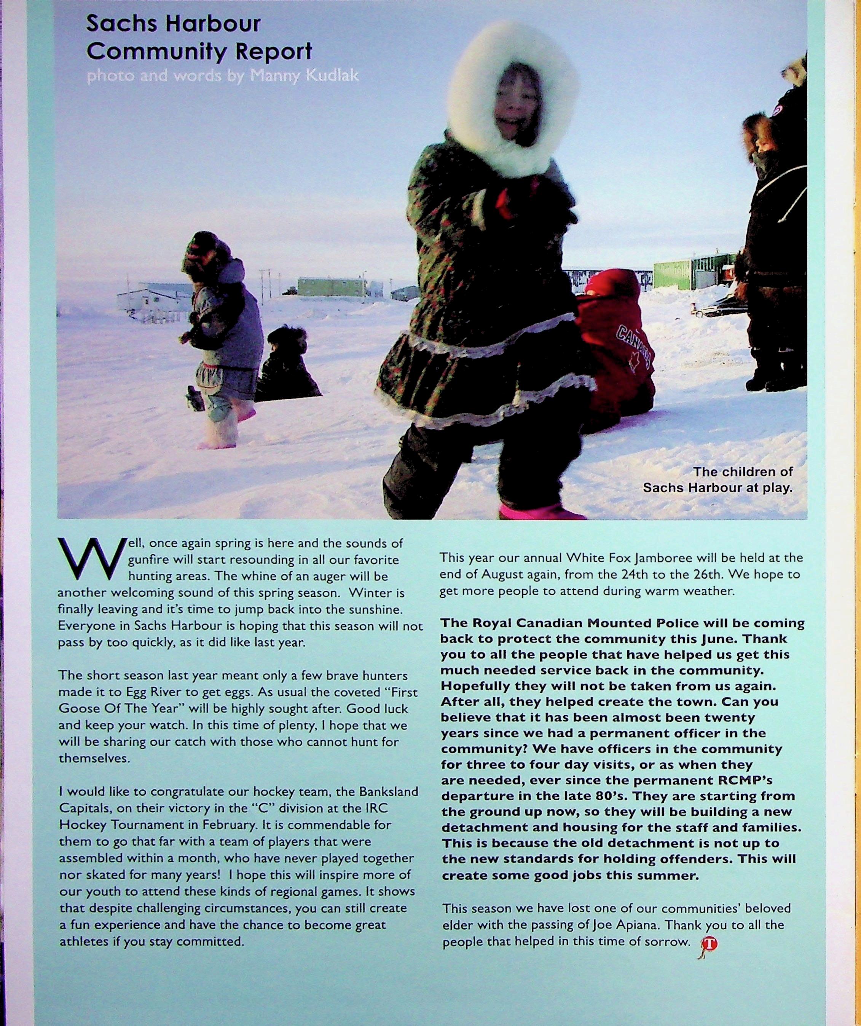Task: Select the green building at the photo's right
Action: [694, 271]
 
